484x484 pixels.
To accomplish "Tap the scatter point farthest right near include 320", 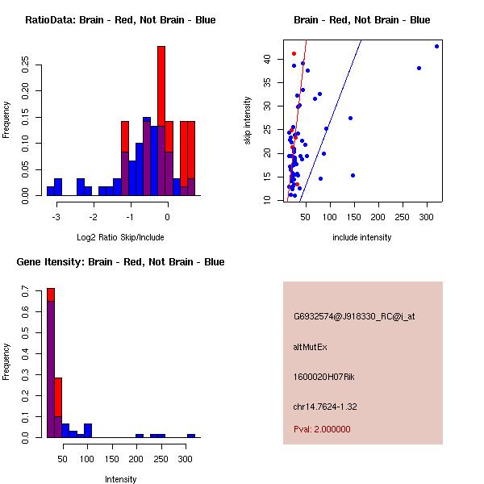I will pos(436,46).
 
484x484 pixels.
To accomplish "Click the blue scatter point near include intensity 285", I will pos(419,68).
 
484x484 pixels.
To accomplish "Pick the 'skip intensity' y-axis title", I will pos(248,121).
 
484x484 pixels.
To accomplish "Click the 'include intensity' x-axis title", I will pos(361,237).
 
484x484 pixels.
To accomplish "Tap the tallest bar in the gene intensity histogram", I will pos(50,363).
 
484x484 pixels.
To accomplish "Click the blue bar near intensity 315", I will pos(191,436).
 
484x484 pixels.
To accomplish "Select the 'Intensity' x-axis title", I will pos(121,479).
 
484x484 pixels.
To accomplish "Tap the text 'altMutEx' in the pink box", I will pos(310,347).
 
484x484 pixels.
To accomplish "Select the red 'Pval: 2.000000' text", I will pos(322,429).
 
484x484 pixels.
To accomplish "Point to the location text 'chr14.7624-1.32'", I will pos(324,406).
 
